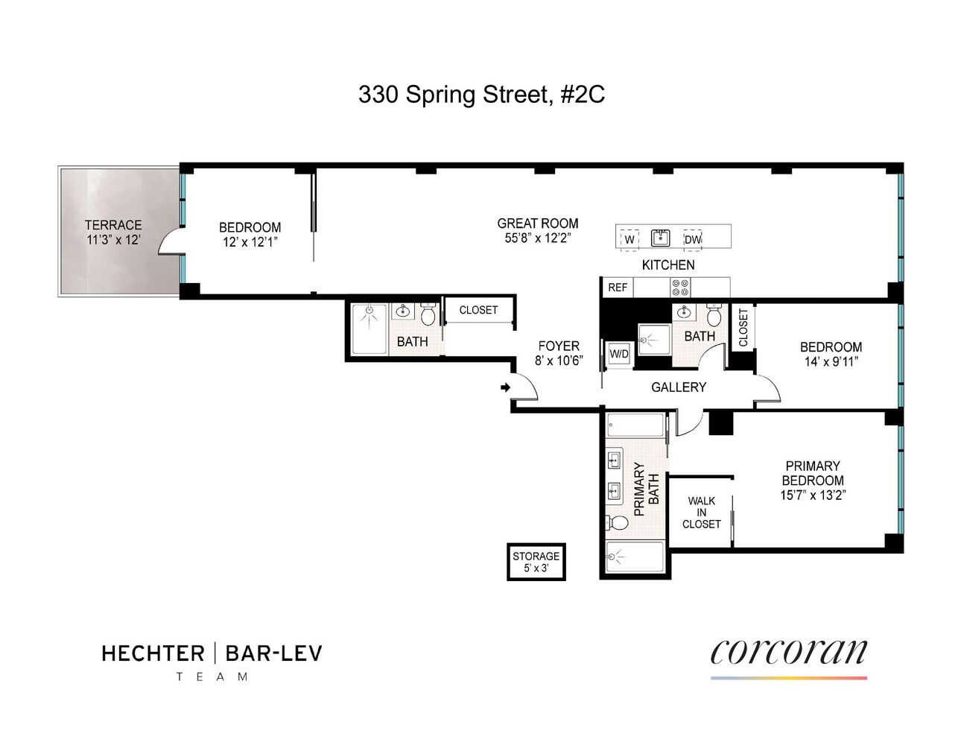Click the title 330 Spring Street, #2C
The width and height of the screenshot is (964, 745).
[481, 95]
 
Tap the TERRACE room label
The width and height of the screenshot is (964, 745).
[113, 225]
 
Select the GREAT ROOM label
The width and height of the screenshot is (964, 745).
[537, 223]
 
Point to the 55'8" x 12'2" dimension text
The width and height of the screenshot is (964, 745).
[537, 238]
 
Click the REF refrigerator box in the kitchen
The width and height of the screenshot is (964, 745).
[618, 288]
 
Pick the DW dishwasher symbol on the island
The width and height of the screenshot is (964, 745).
[692, 239]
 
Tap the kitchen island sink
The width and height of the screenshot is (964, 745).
[660, 238]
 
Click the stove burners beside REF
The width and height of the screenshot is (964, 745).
[679, 288]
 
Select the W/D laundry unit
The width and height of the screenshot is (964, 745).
[619, 354]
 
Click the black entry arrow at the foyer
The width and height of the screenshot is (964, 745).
[505, 387]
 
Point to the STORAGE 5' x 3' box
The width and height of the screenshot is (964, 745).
[536, 562]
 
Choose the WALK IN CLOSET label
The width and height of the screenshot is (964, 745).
[702, 513]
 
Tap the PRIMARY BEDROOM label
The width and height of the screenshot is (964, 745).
[813, 473]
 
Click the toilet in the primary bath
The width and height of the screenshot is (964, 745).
[618, 522]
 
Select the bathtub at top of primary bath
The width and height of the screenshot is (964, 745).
[635, 426]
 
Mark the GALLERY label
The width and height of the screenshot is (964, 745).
[679, 387]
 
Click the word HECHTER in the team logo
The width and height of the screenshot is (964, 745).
[153, 654]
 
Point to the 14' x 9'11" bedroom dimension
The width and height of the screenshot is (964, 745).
[831, 362]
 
